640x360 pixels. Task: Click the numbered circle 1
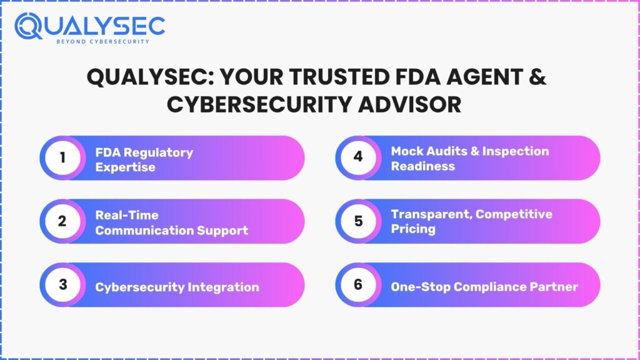[62, 157]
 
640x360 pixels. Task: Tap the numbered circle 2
[62, 221]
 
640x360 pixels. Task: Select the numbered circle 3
[62, 284]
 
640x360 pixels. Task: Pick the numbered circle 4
[358, 157]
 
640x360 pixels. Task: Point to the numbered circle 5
[358, 221]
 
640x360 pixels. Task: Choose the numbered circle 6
[358, 284]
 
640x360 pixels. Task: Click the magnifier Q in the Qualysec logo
[28, 26]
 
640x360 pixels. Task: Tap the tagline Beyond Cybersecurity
[103, 42]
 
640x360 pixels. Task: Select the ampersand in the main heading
[537, 77]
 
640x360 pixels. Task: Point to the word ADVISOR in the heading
[410, 104]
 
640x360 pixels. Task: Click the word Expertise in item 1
[125, 167]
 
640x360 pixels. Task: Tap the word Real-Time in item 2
[127, 215]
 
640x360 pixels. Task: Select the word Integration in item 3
[223, 287]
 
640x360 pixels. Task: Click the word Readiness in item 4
[423, 166]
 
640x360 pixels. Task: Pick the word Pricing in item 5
[413, 229]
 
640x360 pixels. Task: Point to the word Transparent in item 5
[431, 215]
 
